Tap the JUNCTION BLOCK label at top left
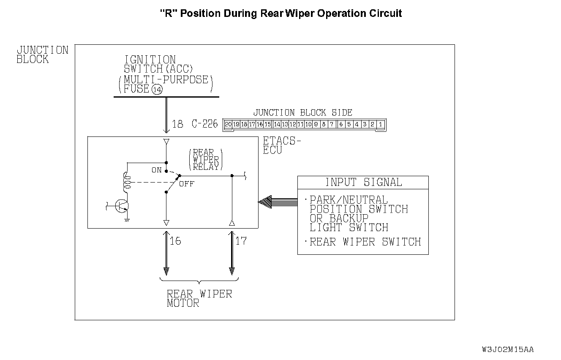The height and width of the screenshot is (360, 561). coord(42,55)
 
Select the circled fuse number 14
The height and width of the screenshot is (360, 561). coord(157,90)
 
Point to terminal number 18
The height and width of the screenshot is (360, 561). coord(178,124)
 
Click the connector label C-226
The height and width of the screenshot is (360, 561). coord(205,124)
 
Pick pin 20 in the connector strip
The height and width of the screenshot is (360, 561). coord(228,124)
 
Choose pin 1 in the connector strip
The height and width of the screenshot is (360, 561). coord(381,124)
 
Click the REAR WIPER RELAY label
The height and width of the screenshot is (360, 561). coord(206,160)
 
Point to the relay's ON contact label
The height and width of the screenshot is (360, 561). coord(157,170)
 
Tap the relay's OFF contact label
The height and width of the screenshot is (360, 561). coord(186,184)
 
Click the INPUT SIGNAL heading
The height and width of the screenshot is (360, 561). coord(363,183)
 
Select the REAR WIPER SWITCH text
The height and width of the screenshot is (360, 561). coord(365,242)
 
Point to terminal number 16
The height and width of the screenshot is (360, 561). coord(175,241)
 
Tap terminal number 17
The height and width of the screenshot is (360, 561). coord(241,241)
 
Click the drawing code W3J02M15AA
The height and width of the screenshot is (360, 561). coord(507,349)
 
